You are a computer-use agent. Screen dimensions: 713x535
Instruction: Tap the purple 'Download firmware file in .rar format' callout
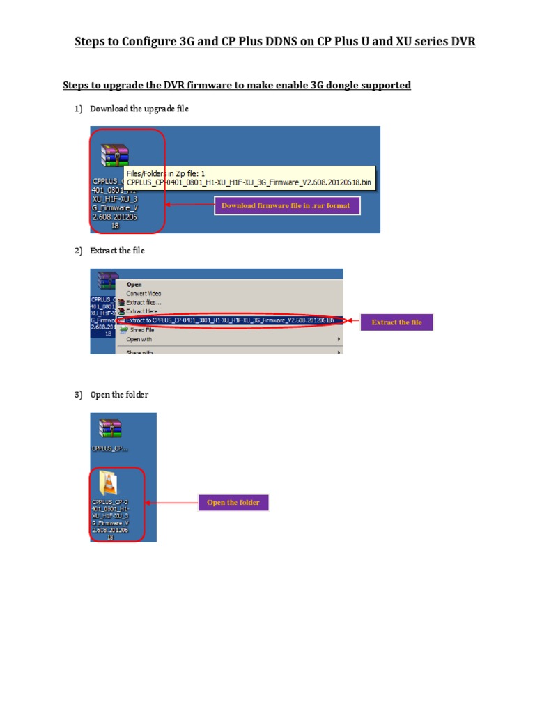point(286,205)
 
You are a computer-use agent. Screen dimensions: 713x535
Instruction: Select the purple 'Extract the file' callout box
point(396,322)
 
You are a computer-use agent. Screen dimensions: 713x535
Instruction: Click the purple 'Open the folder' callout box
point(233,503)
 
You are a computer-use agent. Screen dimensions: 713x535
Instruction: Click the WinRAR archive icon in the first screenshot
point(114,155)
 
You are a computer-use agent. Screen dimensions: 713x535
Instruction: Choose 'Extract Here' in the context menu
point(142,311)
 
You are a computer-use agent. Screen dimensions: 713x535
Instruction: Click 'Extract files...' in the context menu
point(144,302)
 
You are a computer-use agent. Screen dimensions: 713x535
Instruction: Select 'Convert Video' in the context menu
point(144,293)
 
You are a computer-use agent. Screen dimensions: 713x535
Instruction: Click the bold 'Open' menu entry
point(134,284)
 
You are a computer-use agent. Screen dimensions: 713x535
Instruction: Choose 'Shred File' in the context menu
point(142,330)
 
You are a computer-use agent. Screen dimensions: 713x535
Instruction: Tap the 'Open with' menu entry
point(139,339)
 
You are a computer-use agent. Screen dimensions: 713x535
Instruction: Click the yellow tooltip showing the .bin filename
point(249,177)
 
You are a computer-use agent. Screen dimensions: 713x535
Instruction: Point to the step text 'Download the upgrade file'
point(139,109)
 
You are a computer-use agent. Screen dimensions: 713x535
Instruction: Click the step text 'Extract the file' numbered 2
point(117,251)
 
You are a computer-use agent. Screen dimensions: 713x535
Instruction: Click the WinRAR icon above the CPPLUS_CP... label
point(110,429)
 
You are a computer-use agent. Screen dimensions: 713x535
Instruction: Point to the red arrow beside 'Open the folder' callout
point(171,503)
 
